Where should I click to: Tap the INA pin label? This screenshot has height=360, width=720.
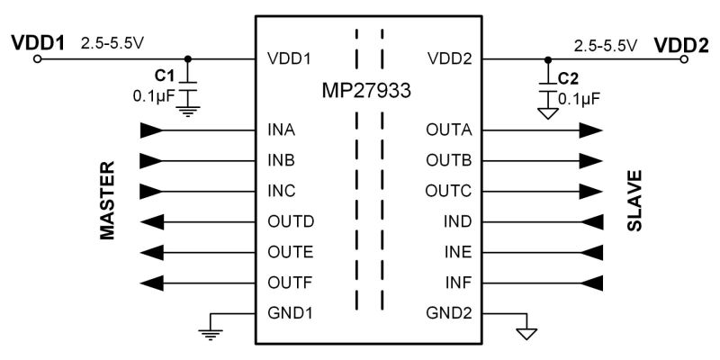(282, 130)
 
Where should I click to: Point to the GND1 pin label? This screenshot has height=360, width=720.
(289, 314)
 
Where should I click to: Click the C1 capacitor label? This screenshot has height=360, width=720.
(165, 76)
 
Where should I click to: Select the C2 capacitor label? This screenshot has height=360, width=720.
(568, 77)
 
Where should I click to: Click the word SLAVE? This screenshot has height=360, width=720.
(634, 200)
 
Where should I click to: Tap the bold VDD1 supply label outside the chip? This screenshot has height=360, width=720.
(37, 42)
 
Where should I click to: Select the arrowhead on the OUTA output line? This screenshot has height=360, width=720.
(590, 130)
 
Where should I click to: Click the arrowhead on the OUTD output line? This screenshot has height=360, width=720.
(154, 221)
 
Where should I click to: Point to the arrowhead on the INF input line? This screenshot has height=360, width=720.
(590, 283)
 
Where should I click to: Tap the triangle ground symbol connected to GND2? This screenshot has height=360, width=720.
(526, 334)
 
